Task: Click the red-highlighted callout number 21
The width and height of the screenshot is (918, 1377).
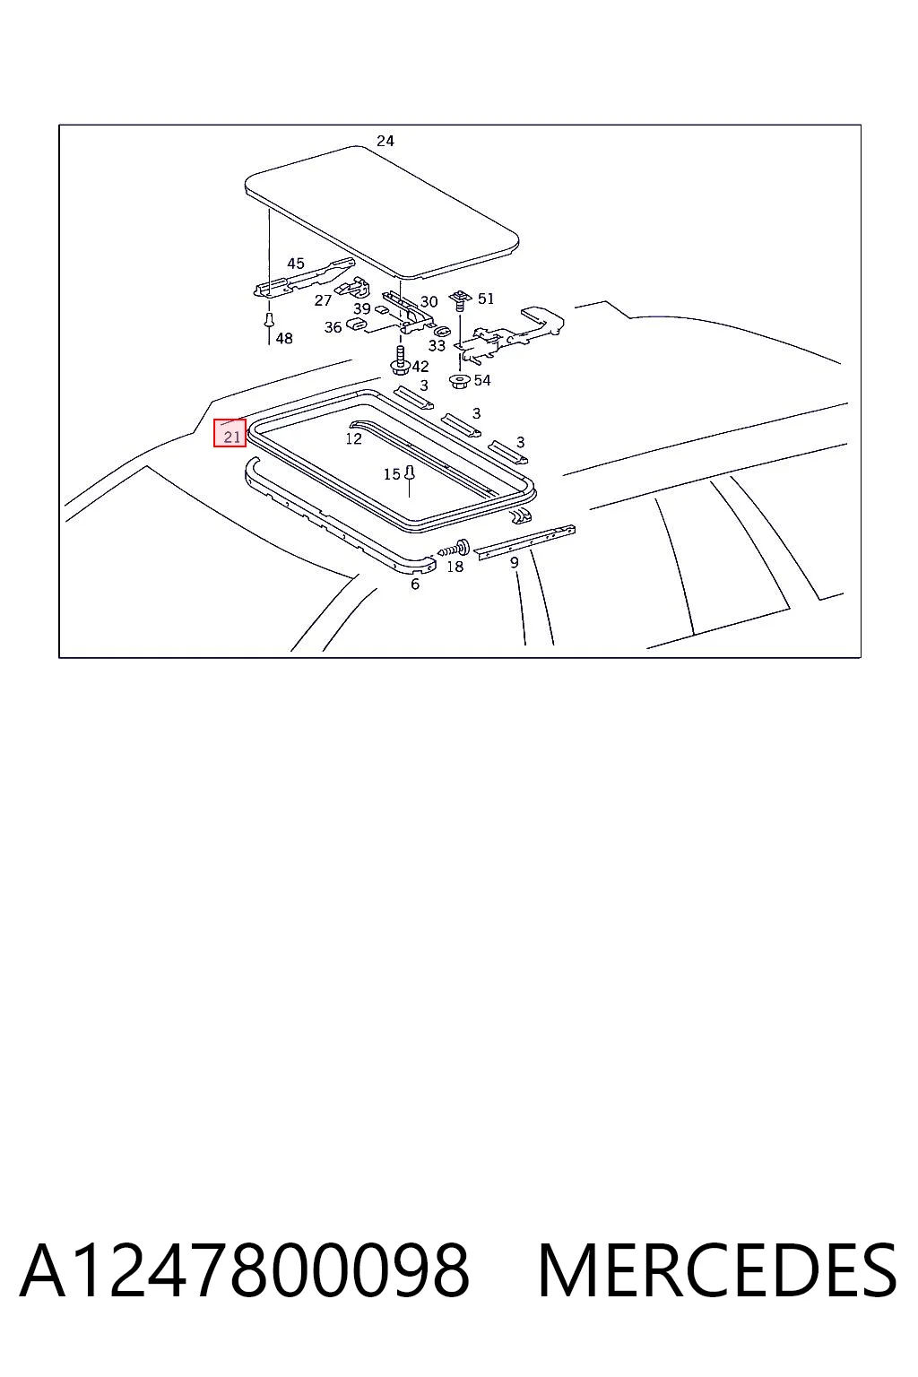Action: point(232,437)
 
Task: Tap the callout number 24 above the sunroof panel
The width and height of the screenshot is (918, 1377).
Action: point(385,141)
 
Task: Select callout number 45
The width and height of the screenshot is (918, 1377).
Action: point(296,263)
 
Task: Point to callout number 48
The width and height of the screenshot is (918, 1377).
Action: point(284,338)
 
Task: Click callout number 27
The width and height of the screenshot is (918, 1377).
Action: point(323,300)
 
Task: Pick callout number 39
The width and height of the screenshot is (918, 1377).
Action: point(361,308)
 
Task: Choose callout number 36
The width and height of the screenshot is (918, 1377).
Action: point(333,327)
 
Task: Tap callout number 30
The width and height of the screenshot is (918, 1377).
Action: point(429,301)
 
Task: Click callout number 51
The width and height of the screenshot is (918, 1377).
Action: point(486,299)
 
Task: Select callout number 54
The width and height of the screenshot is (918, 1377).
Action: point(482,380)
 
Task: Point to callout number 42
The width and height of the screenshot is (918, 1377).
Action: point(420,367)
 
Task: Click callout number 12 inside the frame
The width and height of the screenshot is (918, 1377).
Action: point(353,438)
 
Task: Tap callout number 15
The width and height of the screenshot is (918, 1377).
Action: point(392,474)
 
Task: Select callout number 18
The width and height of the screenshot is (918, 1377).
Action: point(455,567)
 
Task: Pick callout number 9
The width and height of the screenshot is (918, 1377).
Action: point(514,562)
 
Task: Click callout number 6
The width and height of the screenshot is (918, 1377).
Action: point(415,584)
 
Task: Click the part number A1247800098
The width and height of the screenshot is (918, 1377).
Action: point(245,1270)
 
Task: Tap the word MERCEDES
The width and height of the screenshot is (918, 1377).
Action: point(717,1270)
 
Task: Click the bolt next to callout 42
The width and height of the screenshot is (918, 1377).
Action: point(400,361)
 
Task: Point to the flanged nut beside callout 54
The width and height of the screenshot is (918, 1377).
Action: point(459,382)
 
